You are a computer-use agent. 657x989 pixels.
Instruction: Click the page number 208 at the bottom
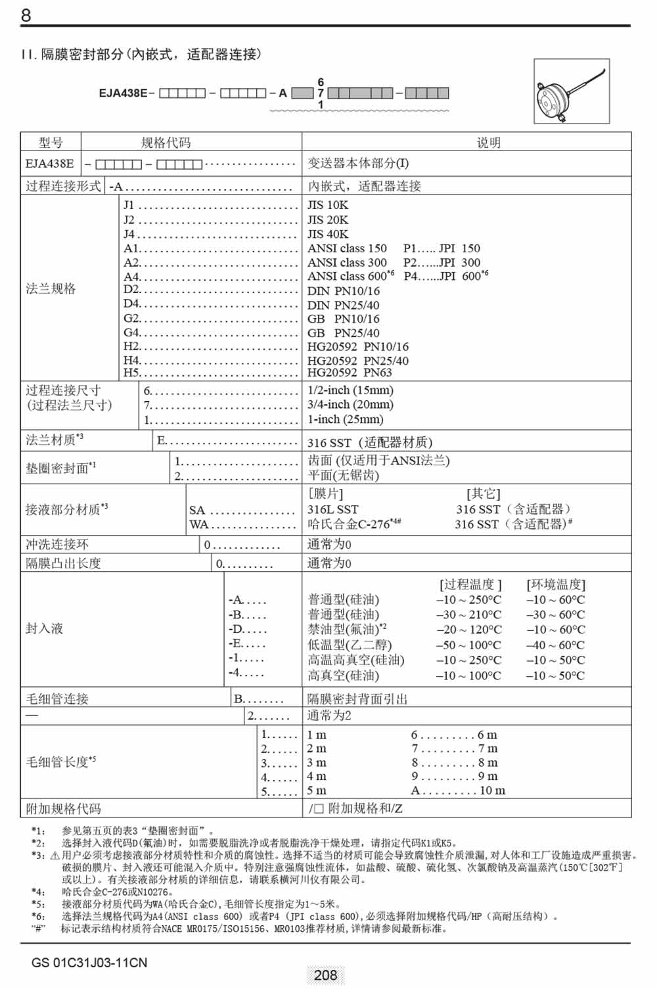[x=325, y=975]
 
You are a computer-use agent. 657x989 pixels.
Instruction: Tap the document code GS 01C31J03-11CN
[x=89, y=963]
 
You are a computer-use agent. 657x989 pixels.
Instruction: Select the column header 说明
[x=488, y=143]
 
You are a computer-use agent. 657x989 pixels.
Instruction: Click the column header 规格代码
[x=166, y=143]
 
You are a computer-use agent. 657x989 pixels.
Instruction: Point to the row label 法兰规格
[x=51, y=288]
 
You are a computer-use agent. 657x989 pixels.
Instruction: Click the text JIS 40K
[x=328, y=234]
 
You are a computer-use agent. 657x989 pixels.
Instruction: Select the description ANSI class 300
[x=347, y=262]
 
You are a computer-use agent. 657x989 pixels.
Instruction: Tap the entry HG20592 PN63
[x=350, y=373]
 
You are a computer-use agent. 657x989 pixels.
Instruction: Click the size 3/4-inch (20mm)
[x=350, y=405]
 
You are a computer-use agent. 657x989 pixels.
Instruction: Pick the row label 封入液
[x=44, y=629]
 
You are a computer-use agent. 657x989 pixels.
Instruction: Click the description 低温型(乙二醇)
[x=350, y=645]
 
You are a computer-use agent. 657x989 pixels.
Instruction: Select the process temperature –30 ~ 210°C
[x=468, y=614]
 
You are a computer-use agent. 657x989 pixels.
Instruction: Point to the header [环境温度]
[x=556, y=585]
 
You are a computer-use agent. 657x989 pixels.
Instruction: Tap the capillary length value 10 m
[x=492, y=791]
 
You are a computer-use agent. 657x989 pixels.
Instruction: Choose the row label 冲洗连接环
[x=57, y=544]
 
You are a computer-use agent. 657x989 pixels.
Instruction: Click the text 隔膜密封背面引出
[x=357, y=699]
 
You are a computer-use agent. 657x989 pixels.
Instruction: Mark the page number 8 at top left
[x=26, y=15]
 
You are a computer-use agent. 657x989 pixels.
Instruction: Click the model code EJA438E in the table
[x=50, y=164]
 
